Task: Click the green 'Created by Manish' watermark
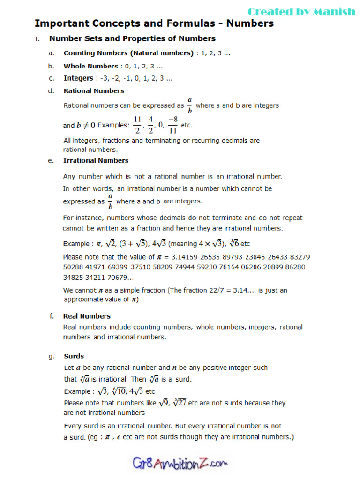[x=301, y=12]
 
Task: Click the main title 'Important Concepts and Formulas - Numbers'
[x=154, y=23]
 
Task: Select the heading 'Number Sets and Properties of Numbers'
[x=132, y=39]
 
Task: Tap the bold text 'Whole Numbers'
[x=90, y=66]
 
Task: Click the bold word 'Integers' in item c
[x=78, y=78]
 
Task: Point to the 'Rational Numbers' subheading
[x=94, y=91]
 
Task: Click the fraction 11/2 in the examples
[x=137, y=125]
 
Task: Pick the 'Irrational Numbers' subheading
[x=96, y=160]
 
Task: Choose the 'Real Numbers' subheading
[x=87, y=316]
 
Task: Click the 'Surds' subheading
[x=74, y=356]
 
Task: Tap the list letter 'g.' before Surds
[x=51, y=357]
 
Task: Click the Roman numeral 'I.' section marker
[x=37, y=39]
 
